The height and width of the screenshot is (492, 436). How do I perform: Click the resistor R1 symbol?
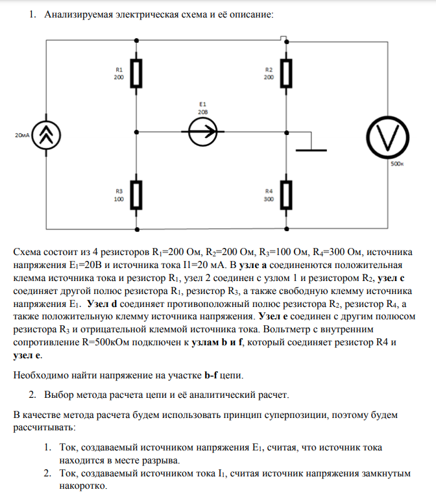click(137, 73)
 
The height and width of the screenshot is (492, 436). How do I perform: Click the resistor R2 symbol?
click(287, 73)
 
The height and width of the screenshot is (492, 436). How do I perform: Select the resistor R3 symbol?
click(137, 196)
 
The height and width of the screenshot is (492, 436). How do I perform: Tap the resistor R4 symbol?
click(287, 196)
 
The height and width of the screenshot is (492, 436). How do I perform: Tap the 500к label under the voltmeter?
click(397, 164)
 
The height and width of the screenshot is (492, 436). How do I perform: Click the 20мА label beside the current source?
click(21, 136)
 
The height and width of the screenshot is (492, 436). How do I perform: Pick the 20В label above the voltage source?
click(202, 112)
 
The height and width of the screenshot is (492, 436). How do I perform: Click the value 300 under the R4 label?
click(269, 199)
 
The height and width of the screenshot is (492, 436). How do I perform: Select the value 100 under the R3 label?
click(119, 199)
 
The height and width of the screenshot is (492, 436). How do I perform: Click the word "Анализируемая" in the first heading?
click(75, 13)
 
